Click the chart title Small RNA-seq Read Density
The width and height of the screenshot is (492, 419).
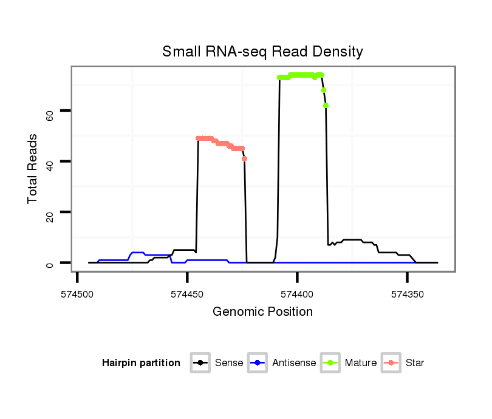click(x=262, y=52)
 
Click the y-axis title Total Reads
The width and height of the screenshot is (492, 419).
click(x=33, y=169)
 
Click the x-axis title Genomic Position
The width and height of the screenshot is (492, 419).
click(x=262, y=312)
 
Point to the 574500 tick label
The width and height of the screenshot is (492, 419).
click(x=77, y=294)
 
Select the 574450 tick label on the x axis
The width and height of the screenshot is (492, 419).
click(x=187, y=294)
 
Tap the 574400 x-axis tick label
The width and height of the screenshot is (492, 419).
click(x=297, y=294)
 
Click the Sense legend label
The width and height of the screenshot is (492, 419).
click(x=229, y=363)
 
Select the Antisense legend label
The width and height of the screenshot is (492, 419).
click(x=294, y=363)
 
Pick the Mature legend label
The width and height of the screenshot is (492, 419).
click(x=361, y=363)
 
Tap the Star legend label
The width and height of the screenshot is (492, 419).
click(x=415, y=363)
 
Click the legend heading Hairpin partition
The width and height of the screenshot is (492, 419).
click(x=141, y=363)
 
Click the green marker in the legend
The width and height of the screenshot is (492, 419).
click(x=332, y=363)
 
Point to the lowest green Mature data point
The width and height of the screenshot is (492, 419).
click(x=326, y=106)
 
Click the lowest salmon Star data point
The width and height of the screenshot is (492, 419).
click(x=244, y=158)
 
